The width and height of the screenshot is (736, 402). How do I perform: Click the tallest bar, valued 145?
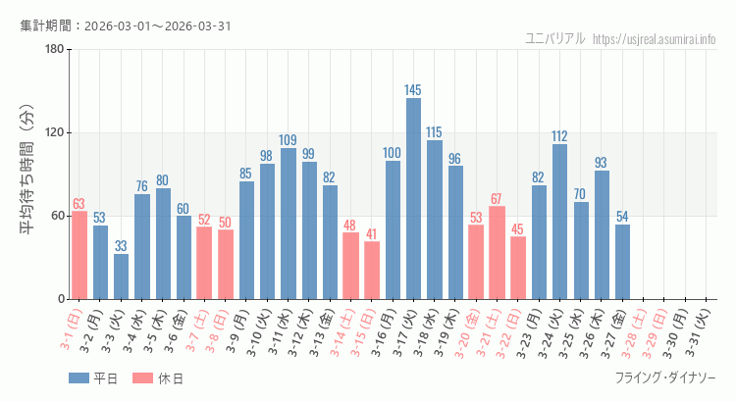click(x=413, y=198)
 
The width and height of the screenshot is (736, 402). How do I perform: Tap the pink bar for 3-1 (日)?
click(x=79, y=255)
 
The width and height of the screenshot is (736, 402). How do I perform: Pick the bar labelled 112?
click(x=559, y=222)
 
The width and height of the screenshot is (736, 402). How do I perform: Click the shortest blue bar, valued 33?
click(x=121, y=276)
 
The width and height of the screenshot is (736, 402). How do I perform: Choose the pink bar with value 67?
click(x=497, y=252)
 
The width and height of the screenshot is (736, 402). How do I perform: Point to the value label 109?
click(x=288, y=140)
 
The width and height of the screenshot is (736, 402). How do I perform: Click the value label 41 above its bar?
click(x=371, y=234)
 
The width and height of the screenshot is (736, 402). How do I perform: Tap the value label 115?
click(x=434, y=132)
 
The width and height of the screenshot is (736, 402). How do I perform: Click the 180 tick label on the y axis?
click(x=54, y=50)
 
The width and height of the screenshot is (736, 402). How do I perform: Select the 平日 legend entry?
click(x=93, y=378)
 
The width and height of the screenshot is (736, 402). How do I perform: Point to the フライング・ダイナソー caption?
click(x=665, y=378)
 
